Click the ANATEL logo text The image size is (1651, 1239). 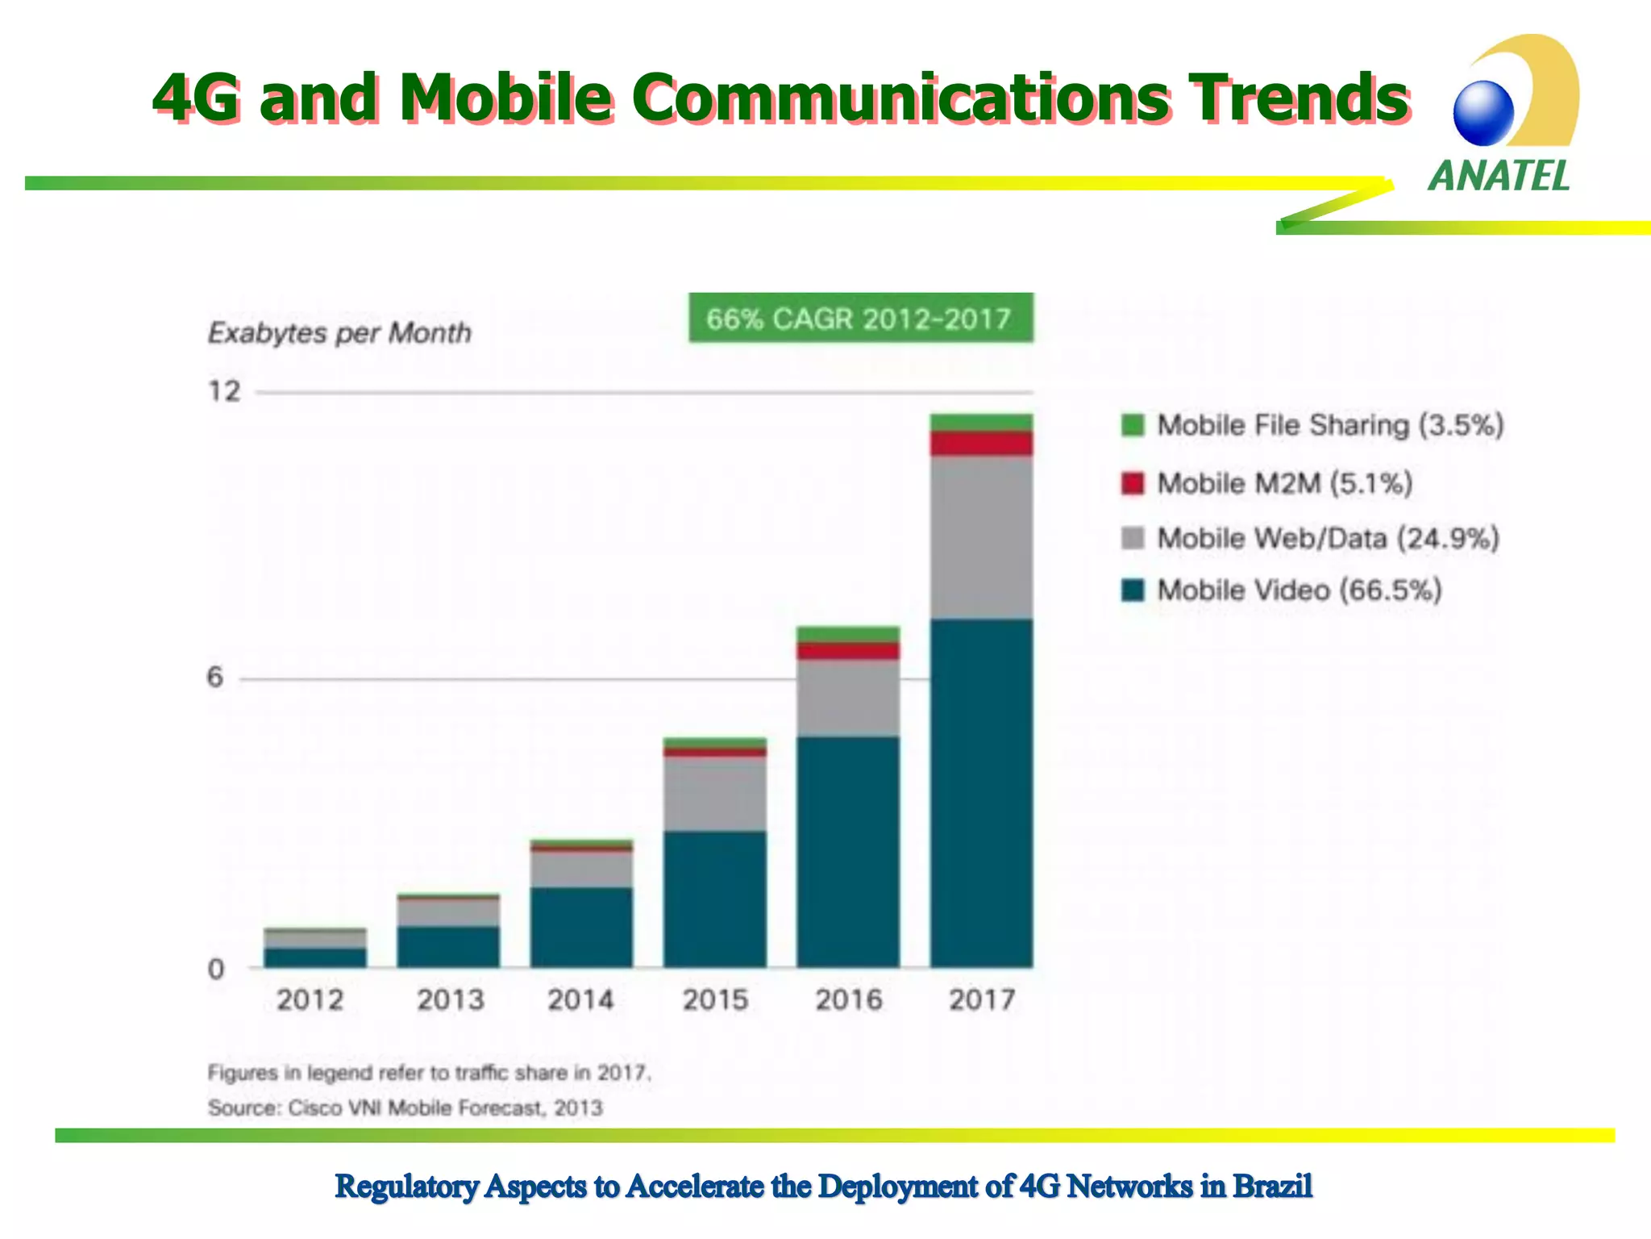point(1499,176)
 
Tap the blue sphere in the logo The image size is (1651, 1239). point(1483,113)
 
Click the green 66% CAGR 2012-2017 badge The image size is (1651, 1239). point(860,319)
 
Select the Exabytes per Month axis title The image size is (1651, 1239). point(339,333)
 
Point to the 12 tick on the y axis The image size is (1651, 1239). point(224,392)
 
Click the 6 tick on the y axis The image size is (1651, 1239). point(214,678)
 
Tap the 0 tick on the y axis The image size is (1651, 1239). point(215,969)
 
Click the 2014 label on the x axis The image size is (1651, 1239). point(580,1000)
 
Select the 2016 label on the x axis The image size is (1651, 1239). point(848,1000)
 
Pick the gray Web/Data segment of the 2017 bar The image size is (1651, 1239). point(981,537)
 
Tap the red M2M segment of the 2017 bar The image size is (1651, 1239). point(981,444)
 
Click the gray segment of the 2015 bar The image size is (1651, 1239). point(714,794)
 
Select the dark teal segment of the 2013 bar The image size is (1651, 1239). point(448,947)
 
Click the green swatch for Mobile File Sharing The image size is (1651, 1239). point(1133,425)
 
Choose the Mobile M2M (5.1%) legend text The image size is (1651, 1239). point(1285,484)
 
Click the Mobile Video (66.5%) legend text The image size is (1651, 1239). point(1300,590)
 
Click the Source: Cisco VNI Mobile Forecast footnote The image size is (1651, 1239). point(405,1108)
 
